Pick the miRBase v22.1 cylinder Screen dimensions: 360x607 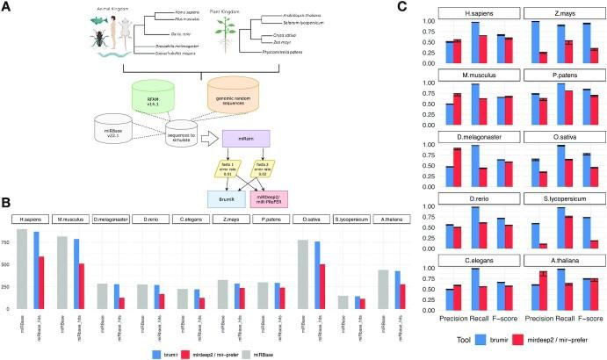[115, 139]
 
